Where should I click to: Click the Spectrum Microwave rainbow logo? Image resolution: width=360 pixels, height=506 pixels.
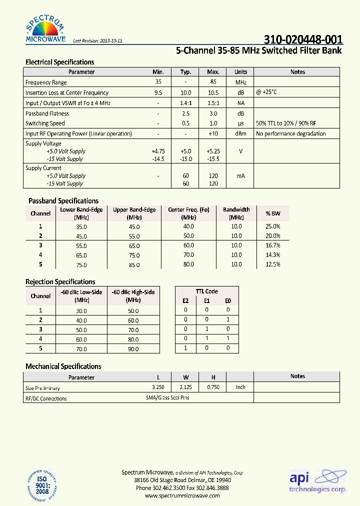(45, 29)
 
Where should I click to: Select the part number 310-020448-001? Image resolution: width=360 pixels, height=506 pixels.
(303, 40)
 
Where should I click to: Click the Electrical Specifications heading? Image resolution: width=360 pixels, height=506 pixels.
(59, 62)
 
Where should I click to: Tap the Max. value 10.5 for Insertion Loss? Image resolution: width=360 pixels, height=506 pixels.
(213, 93)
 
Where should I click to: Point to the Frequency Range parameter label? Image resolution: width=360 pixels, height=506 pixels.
(46, 82)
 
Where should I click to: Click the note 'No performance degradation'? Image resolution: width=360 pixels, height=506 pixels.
(290, 134)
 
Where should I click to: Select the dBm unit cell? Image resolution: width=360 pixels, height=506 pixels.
(240, 134)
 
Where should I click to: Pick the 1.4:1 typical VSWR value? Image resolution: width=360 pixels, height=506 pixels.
(185, 103)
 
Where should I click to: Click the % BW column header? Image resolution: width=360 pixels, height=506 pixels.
(273, 213)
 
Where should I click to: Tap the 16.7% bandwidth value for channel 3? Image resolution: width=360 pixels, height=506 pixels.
(273, 245)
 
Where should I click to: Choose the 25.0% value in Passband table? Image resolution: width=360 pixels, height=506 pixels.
(273, 226)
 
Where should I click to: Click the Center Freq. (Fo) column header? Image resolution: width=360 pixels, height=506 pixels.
(188, 210)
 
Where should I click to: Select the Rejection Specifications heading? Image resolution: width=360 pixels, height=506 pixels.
(60, 282)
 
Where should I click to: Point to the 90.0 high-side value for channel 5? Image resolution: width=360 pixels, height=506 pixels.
(133, 349)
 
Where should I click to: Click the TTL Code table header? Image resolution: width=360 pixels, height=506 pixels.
(206, 291)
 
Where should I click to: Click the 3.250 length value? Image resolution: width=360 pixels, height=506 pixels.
(158, 387)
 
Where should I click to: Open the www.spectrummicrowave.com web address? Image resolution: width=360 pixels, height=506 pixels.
(182, 495)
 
